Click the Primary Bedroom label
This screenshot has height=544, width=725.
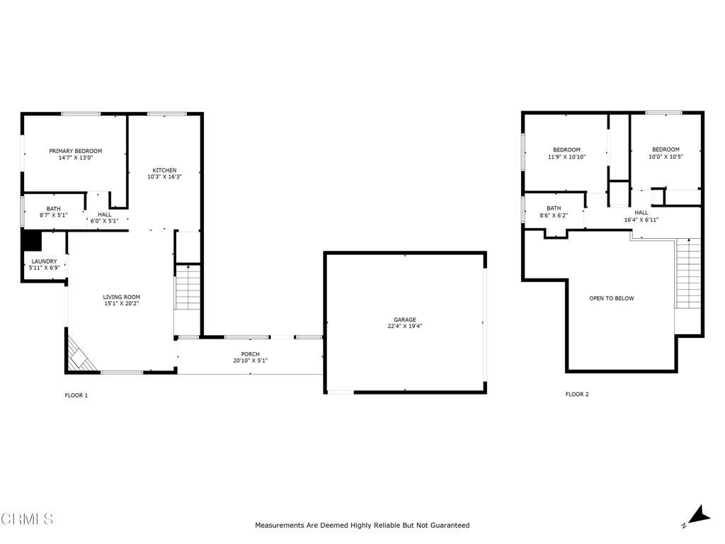click(75, 151)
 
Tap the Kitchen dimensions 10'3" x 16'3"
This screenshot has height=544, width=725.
click(164, 177)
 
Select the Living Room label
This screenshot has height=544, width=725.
click(122, 297)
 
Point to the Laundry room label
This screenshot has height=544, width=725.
click(44, 261)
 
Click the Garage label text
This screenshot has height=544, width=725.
click(405, 319)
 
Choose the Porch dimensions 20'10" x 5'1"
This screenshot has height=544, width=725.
click(250, 361)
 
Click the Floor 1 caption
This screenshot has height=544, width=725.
click(76, 395)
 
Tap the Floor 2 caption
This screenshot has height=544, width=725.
click(576, 395)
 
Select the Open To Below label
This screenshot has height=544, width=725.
click(611, 298)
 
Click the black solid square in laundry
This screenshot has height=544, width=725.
click(32, 241)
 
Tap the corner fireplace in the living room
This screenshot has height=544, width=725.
click(81, 355)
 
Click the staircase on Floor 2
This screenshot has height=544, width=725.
click(687, 273)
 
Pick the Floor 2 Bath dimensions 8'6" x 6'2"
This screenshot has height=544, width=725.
click(554, 216)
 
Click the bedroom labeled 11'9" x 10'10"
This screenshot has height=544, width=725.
click(566, 154)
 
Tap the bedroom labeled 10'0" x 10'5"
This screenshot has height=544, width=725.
click(666, 154)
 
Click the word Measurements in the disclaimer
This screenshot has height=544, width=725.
click(280, 526)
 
